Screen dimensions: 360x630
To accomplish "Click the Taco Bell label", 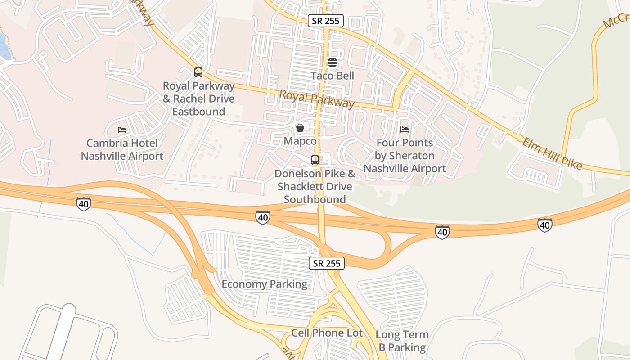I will click(x=333, y=76).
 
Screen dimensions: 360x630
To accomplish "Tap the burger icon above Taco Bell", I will click(x=333, y=63).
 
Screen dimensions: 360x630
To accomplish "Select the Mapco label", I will click(x=300, y=141).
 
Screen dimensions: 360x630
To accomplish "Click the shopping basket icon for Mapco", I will click(x=300, y=128).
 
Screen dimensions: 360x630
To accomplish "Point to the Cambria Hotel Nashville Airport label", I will click(x=122, y=150).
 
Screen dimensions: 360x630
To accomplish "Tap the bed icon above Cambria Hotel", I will click(x=122, y=130).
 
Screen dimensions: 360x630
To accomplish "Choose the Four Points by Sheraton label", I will click(x=405, y=156).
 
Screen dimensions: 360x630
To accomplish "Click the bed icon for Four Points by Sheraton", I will click(x=405, y=130).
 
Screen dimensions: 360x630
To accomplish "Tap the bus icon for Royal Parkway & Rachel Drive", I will click(x=198, y=72).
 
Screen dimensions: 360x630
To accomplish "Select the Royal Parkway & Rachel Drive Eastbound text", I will click(x=198, y=99).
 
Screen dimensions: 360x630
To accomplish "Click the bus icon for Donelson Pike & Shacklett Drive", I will click(x=315, y=160).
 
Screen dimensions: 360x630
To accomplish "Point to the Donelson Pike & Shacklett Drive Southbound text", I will click(x=315, y=186).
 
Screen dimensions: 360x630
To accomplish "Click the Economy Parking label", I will click(x=265, y=284).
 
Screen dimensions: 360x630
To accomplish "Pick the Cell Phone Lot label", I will click(x=327, y=333).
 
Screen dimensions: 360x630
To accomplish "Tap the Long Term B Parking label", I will click(x=402, y=341).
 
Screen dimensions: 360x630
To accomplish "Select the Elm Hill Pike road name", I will click(x=553, y=154).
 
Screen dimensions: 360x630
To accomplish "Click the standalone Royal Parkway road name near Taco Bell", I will click(x=317, y=99).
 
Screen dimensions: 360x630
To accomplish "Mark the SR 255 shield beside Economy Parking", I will click(x=327, y=263).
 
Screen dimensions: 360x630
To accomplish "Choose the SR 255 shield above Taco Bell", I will click(x=326, y=21).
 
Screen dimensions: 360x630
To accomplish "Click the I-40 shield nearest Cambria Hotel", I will click(x=84, y=203).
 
